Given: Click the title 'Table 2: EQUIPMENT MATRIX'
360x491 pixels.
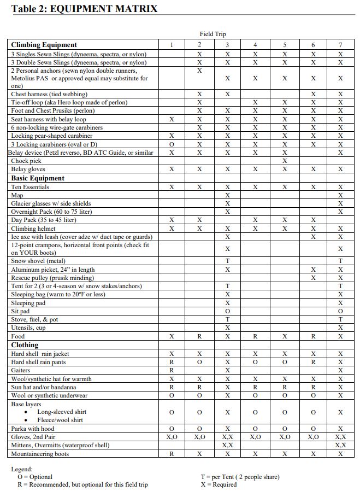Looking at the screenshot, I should [x=84, y=9].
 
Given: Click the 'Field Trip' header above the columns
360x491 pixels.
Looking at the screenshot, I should [x=213, y=34].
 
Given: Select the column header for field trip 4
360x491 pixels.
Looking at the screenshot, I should [x=256, y=45].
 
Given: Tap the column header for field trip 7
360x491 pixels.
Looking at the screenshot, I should [x=340, y=45].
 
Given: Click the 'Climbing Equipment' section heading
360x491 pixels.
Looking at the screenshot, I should [x=44, y=45].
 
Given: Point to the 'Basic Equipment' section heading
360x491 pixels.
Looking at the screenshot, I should [x=38, y=178].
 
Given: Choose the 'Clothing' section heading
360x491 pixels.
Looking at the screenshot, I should [x=25, y=345].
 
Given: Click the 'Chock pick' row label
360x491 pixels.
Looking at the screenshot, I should [x=26, y=161].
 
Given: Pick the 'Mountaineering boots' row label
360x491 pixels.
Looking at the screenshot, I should [x=40, y=454].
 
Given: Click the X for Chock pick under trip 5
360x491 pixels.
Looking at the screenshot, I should [x=284, y=161].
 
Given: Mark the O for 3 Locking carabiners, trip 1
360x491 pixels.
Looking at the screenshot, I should [x=172, y=144].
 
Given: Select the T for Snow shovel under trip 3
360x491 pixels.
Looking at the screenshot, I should [x=227, y=261].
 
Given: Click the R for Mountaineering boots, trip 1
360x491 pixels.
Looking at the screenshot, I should [x=172, y=454].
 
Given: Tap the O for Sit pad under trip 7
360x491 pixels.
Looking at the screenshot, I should [x=340, y=311].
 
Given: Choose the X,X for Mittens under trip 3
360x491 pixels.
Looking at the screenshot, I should [x=227, y=446].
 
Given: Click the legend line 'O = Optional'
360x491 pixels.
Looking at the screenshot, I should [x=35, y=477].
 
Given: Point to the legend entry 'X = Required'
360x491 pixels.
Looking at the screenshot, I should [x=219, y=484].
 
